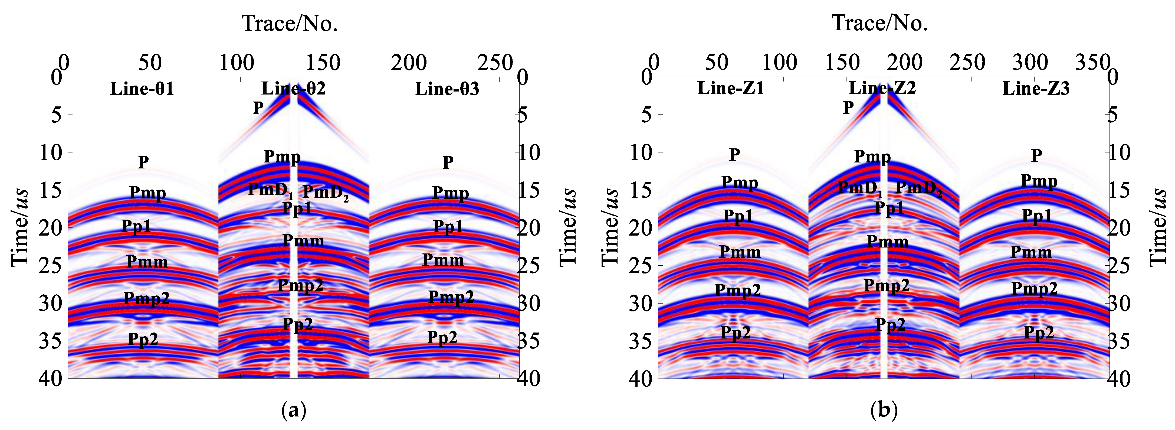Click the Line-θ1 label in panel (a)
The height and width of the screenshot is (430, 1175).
tap(142, 89)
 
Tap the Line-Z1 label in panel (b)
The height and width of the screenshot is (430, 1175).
tap(730, 88)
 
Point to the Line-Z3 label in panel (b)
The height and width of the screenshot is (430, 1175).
tap(1035, 88)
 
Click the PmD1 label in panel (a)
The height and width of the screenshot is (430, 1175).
tap(270, 190)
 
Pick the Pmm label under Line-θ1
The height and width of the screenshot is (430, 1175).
tap(146, 262)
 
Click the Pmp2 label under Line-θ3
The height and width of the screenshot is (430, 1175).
tap(451, 297)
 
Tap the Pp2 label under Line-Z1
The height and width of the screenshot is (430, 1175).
tap(735, 332)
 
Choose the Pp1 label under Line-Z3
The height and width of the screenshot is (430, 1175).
tap(1036, 216)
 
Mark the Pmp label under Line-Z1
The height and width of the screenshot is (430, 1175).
tap(739, 183)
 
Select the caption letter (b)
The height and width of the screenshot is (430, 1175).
tap(884, 410)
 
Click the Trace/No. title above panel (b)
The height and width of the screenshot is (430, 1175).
tap(880, 23)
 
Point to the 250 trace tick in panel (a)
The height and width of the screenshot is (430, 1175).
tap(495, 63)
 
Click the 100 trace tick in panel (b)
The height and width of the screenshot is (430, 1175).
tap(780, 63)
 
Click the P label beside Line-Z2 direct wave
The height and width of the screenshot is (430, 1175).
tap(848, 108)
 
